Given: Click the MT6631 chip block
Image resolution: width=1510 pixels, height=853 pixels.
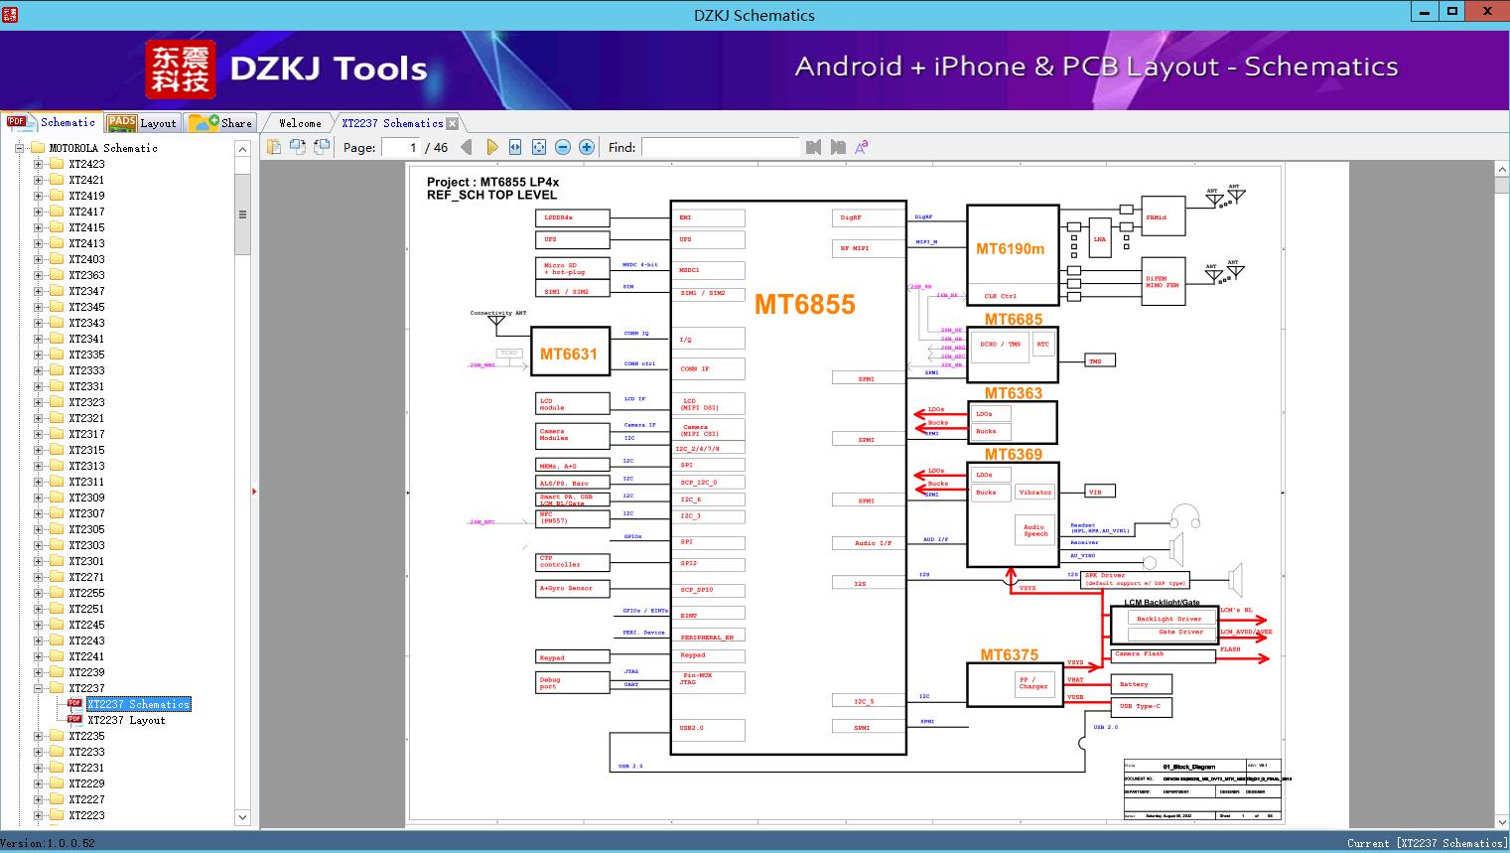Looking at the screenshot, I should click(x=569, y=353).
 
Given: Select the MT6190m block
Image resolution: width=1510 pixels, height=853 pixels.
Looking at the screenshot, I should click(x=1012, y=248).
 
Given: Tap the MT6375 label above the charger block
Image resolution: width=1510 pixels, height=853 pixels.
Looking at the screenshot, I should click(x=1009, y=654).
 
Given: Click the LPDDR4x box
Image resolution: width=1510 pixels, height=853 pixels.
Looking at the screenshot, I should click(x=571, y=217).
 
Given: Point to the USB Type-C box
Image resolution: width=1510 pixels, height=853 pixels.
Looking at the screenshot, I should click(x=1143, y=707).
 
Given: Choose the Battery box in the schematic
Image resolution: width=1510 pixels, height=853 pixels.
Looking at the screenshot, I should click(x=1143, y=684).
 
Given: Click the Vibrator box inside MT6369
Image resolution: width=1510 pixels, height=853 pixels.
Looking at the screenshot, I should click(x=1034, y=493).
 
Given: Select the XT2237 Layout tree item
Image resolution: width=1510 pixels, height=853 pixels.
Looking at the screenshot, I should click(x=126, y=720).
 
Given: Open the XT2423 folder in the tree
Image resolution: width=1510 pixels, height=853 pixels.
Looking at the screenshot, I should click(x=86, y=164).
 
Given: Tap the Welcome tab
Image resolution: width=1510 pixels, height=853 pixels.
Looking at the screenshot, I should click(x=300, y=123).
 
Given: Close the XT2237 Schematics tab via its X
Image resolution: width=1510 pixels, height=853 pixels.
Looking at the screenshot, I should click(x=453, y=123).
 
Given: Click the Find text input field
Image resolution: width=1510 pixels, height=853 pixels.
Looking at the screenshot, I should click(x=720, y=147).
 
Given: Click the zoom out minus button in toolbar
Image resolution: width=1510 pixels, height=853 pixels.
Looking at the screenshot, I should click(x=563, y=147).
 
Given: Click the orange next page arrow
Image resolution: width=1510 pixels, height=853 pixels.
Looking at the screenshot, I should click(x=491, y=147).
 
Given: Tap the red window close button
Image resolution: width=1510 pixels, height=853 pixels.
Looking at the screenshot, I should click(x=1486, y=11).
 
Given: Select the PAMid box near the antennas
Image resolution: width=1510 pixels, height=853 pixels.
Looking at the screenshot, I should click(x=1163, y=216).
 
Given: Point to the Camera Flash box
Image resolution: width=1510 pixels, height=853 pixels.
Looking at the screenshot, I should click(x=1163, y=654).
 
